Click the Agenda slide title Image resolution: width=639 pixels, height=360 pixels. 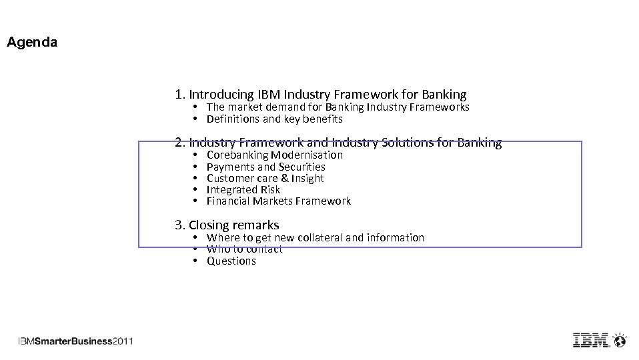pos(32,43)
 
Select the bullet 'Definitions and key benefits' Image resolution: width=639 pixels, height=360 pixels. pos(274,119)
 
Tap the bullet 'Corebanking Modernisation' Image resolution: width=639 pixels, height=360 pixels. pos(274,155)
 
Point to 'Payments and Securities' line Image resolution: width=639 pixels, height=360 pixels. pos(265,167)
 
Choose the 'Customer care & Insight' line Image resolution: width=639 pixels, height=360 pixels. pos(265,178)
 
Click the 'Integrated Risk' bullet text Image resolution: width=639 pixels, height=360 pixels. pos(243,189)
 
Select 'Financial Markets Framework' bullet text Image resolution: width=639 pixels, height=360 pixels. pos(278,201)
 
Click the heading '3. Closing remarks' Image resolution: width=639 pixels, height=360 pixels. pos(227,225)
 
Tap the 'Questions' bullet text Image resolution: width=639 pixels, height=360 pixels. pos(231,261)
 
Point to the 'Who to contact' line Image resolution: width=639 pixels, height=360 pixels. pos(244,249)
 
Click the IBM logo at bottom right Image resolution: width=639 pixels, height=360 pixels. pos(591,340)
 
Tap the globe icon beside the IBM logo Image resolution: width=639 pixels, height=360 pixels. pos(620,340)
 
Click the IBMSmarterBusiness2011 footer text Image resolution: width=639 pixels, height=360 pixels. pos(75,341)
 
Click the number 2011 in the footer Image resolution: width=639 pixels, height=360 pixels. pos(123,341)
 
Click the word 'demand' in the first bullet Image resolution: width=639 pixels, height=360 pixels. pos(285,107)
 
